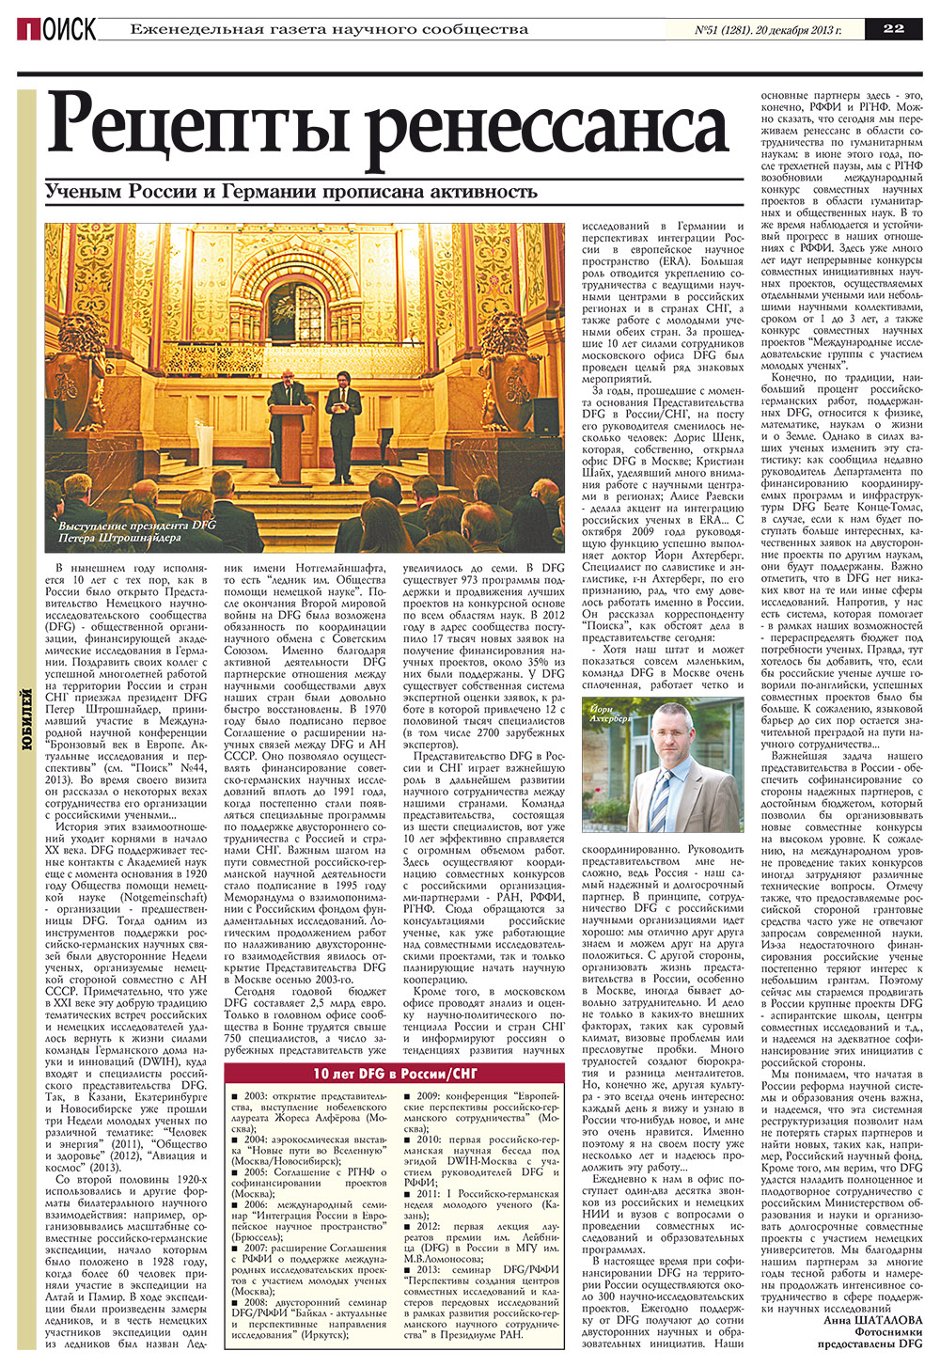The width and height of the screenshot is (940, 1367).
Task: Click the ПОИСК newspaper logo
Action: pyautogui.click(x=55, y=29)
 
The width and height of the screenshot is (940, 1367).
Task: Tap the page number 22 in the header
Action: pyautogui.click(x=893, y=28)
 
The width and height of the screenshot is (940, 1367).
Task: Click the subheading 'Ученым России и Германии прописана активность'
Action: pyautogui.click(x=291, y=192)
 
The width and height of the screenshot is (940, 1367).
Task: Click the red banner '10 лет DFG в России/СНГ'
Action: pyautogui.click(x=396, y=1075)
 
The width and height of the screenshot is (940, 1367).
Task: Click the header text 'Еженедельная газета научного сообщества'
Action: pyautogui.click(x=329, y=29)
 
